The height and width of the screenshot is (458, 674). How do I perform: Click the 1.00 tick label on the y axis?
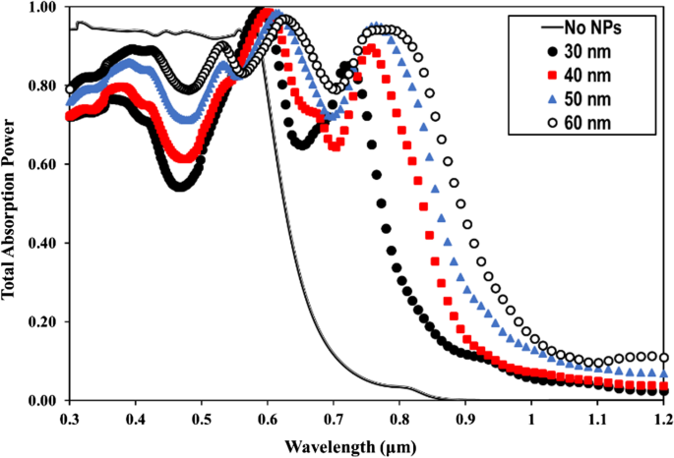(43, 8)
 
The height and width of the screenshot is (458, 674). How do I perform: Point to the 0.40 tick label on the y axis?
(43, 244)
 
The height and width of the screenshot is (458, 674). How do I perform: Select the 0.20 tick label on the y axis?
(43, 322)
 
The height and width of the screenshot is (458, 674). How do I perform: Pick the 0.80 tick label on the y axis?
(43, 86)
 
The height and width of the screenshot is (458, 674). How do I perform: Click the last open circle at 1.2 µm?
(664, 358)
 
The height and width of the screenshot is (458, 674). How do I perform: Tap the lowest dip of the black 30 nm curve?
(179, 185)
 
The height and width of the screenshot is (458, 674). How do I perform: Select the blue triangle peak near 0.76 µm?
(374, 27)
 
